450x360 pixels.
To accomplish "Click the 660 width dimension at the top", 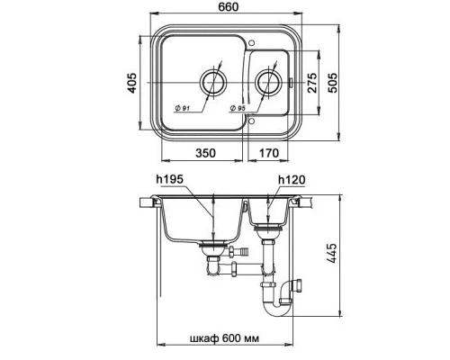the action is pos(229,6).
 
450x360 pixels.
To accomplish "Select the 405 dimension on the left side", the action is pos(131,83).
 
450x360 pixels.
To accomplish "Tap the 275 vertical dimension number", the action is pos(312,83).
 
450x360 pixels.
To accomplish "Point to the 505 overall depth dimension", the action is pos(332,83).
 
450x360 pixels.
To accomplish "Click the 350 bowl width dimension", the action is pos(205,153).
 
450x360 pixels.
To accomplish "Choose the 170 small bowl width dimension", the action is pos(269,153).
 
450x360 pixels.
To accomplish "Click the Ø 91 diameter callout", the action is pos(182,108).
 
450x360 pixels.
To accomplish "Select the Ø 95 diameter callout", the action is pos(238,108).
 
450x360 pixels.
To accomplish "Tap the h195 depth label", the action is pos(169,179).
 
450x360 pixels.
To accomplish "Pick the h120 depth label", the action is pos(292,180).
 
